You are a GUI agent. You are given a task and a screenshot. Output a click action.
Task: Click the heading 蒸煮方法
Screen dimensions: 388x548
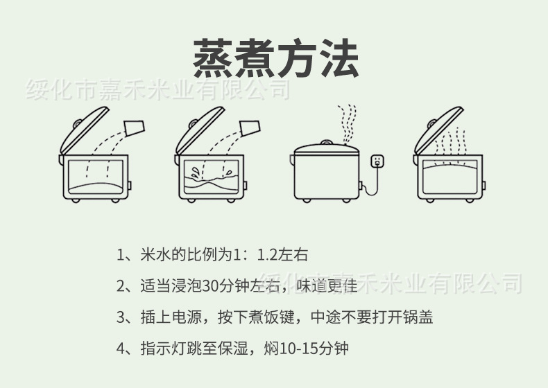pyautogui.click(x=275, y=58)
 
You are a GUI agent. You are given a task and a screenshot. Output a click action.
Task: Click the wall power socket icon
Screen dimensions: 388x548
pyautogui.click(x=377, y=161)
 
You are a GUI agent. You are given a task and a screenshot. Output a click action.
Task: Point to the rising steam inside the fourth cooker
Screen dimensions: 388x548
pyautogui.click(x=449, y=144)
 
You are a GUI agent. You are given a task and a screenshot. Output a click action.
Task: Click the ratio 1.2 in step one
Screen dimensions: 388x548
pyautogui.click(x=267, y=254)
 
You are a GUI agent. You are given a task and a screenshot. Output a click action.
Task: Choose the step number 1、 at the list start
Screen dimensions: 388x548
pyautogui.click(x=124, y=254)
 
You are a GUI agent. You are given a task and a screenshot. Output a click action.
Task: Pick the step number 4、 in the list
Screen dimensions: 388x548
pyautogui.click(x=124, y=347)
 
